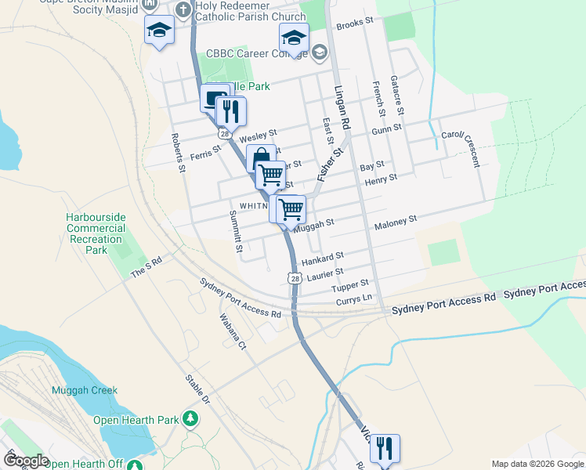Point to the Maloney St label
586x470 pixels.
click(x=396, y=224)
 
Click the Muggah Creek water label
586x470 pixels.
click(x=85, y=390)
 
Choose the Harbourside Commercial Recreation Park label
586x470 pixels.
click(x=96, y=233)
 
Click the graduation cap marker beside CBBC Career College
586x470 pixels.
click(x=294, y=38)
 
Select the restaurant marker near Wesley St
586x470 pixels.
click(x=230, y=111)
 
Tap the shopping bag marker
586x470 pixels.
click(x=261, y=159)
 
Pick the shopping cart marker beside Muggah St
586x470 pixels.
click(x=291, y=209)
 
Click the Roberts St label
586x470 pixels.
click(x=178, y=156)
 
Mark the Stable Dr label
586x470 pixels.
click(x=198, y=389)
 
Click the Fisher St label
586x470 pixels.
click(x=331, y=165)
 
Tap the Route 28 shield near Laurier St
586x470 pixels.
click(x=294, y=278)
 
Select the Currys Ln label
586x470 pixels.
click(x=353, y=298)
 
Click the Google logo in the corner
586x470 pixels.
click(x=27, y=461)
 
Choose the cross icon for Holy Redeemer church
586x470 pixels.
click(x=183, y=10)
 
